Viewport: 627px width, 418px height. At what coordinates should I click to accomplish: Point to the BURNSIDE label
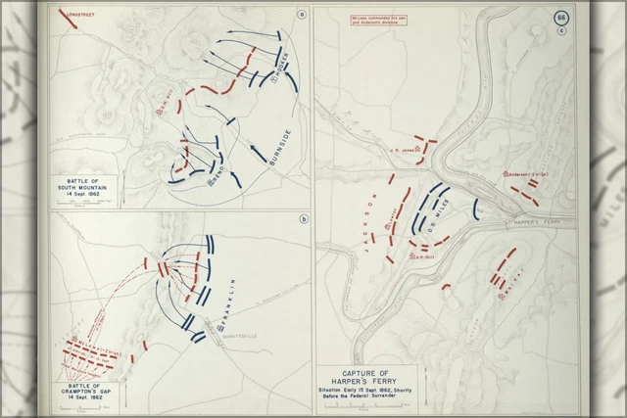277,137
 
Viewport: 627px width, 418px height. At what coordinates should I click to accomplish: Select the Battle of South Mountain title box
77,188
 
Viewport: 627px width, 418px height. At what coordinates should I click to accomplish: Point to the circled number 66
561,18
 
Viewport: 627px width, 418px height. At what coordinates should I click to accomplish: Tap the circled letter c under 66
561,29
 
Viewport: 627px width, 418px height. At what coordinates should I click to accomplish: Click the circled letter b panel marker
304,218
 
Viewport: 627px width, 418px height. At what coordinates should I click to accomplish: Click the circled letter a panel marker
302,13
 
